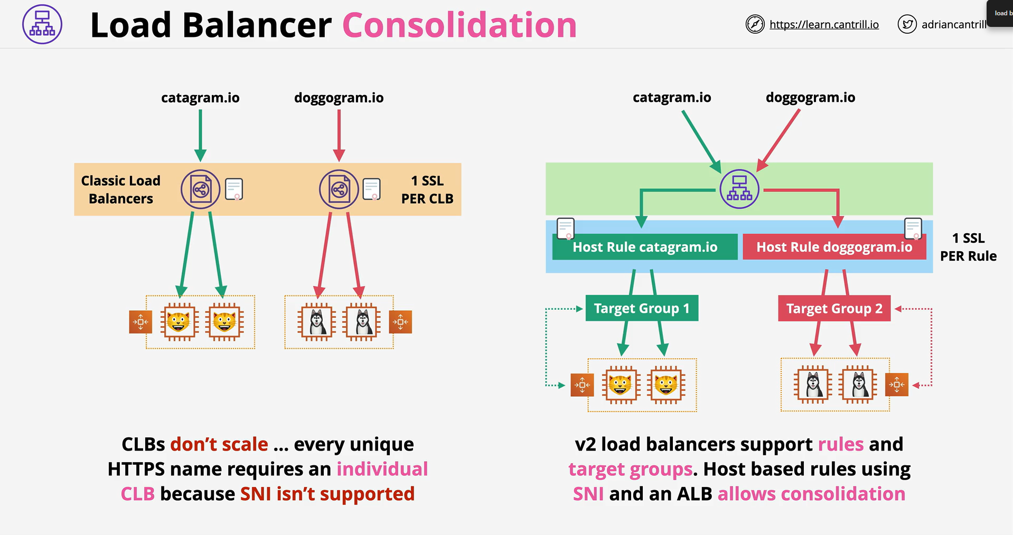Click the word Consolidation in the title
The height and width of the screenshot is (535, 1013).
459,25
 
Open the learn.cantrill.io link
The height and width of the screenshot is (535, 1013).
824,24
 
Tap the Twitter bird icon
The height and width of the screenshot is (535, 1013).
907,24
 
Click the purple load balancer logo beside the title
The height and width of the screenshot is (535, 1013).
42,24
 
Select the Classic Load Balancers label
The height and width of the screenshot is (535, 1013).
121,189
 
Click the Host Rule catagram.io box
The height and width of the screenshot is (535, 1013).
645,247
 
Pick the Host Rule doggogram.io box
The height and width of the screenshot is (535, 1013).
834,247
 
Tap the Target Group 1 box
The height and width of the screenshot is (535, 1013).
642,308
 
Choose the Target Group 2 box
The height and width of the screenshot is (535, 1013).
834,308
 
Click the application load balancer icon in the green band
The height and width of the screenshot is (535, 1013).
739,189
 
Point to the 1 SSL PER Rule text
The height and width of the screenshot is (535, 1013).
968,247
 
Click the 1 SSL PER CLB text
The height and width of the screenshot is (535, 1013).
427,189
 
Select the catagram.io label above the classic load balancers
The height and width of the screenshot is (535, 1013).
200,98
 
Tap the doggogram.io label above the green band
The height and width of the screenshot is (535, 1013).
810,98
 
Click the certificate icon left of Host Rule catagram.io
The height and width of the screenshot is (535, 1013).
566,229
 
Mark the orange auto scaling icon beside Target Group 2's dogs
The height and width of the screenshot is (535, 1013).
896,385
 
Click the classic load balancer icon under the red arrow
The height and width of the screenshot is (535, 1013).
339,189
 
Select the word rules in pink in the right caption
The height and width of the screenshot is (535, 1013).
841,444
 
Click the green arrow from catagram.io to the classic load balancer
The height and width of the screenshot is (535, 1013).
200,136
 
